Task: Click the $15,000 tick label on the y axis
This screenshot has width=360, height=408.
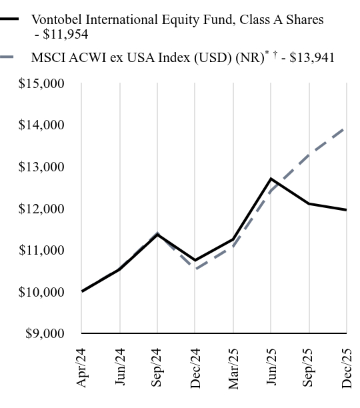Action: click(41, 84)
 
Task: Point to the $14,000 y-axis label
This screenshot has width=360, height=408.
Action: click(41, 125)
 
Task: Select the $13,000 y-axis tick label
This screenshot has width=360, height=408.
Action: click(41, 167)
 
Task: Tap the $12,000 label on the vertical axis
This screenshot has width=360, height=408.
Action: click(41, 209)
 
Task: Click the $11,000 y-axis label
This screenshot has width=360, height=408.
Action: click(41, 250)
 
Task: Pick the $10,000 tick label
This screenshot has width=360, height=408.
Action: click(41, 292)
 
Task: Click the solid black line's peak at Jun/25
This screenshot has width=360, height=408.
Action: click(271, 179)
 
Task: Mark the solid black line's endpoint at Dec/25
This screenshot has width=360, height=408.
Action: click(346, 210)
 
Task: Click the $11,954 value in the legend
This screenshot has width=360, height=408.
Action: click(65, 35)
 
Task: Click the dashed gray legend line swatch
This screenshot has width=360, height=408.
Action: click(13, 58)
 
